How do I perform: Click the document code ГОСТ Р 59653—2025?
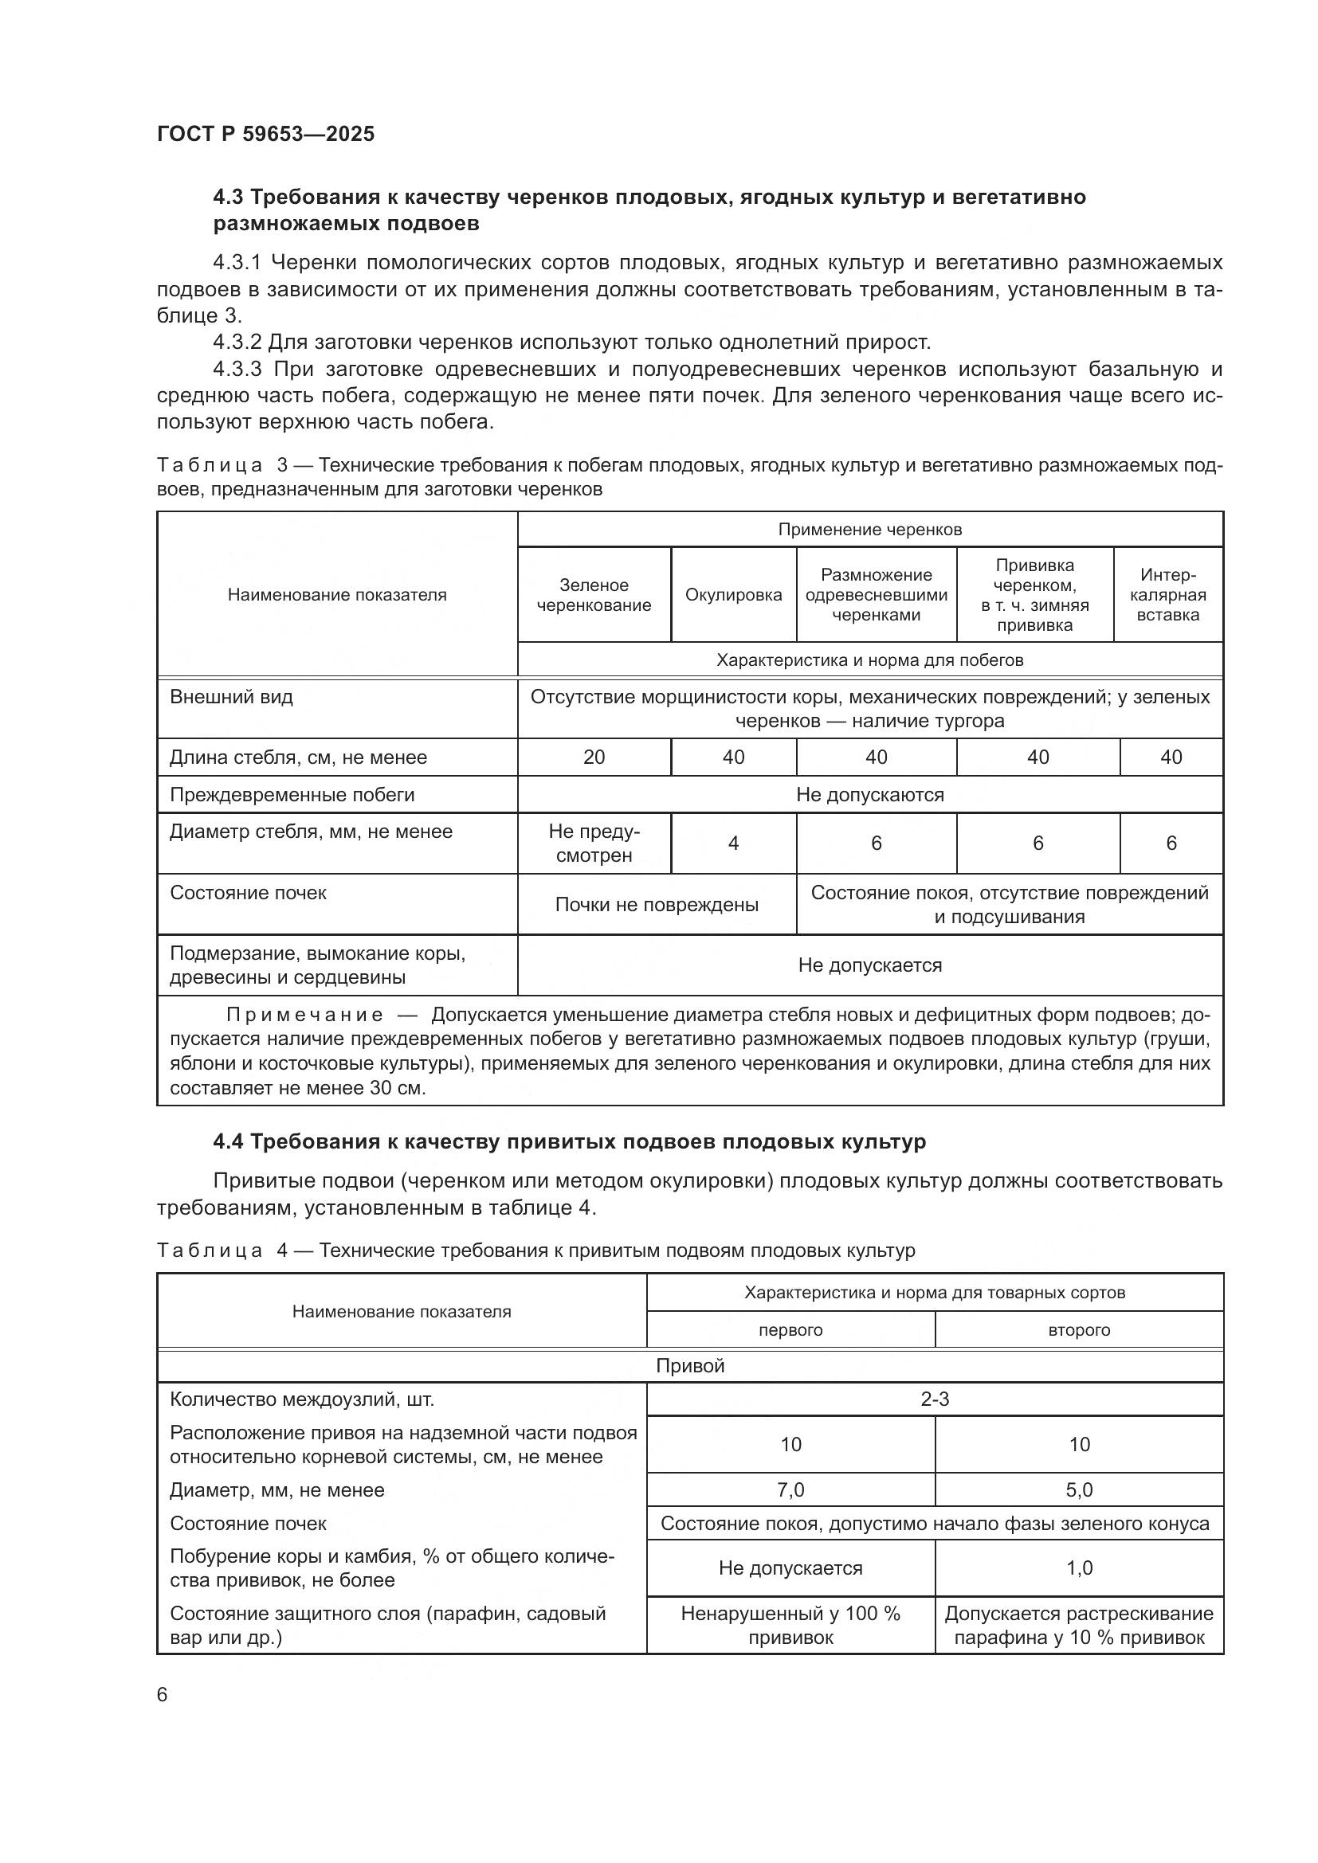point(265,134)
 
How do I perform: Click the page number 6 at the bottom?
point(163,1694)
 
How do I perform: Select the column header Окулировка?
point(733,595)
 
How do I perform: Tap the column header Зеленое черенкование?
point(594,595)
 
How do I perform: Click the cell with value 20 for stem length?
point(594,757)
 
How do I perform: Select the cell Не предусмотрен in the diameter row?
point(594,843)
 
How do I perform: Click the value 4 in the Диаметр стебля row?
point(733,843)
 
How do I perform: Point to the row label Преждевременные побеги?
point(292,794)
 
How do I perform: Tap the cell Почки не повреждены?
point(656,905)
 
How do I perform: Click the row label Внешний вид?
point(230,697)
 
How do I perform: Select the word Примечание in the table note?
point(304,1015)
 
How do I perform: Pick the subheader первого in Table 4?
point(790,1330)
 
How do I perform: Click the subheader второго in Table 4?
point(1079,1330)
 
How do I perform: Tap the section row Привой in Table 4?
point(690,1366)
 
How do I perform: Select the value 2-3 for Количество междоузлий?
point(934,1399)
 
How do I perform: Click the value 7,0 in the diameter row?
point(790,1489)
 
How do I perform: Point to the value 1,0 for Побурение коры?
point(1079,1568)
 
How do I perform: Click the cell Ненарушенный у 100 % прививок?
point(790,1626)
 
